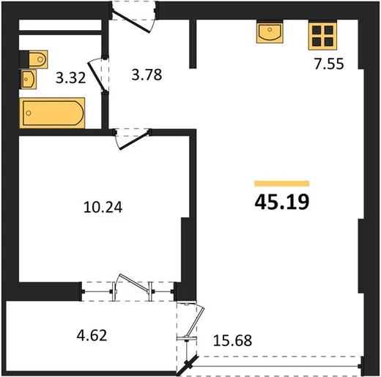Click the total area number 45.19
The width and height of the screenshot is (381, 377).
[282, 202]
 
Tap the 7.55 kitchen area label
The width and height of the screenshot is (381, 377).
[329, 64]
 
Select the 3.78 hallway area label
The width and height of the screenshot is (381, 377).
[147, 75]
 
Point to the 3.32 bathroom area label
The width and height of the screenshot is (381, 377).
[70, 78]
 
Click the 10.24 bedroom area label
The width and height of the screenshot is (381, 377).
[103, 208]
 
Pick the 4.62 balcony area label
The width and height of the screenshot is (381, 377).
[92, 335]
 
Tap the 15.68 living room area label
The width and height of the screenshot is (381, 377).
[232, 340]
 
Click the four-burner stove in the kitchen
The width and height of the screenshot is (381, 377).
[322, 36]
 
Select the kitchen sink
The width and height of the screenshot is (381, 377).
[270, 32]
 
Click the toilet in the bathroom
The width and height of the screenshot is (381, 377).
[38, 59]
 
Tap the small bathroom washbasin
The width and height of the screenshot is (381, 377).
[29, 79]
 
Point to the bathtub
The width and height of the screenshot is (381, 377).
[52, 113]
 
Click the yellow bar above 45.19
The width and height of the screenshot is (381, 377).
[282, 183]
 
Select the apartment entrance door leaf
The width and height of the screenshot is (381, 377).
[130, 22]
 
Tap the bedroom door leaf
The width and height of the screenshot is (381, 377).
[134, 142]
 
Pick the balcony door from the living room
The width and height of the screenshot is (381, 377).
[195, 322]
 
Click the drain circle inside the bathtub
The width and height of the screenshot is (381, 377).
[29, 113]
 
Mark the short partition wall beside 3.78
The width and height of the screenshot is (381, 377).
[193, 44]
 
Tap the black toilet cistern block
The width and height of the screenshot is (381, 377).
[24, 59]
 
